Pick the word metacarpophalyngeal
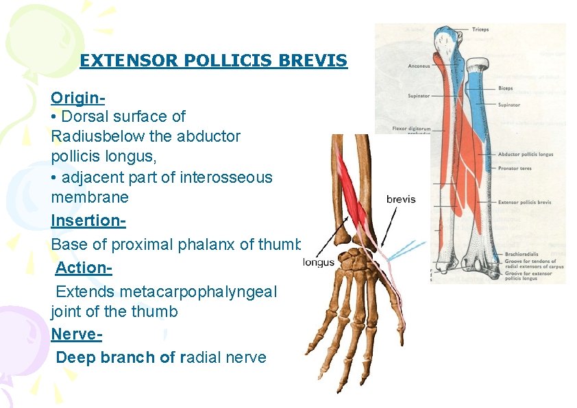(x=198, y=292)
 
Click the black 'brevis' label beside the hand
(x=401, y=199)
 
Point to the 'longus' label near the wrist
(x=319, y=262)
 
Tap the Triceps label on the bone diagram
(x=480, y=29)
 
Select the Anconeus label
(x=419, y=66)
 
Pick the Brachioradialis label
(x=519, y=253)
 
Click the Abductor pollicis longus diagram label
(x=526, y=155)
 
